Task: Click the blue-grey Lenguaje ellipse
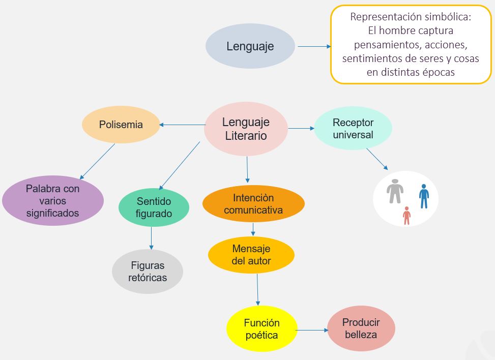pos(250,46)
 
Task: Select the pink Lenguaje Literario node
pos(246,129)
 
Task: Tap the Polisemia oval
pos(121,125)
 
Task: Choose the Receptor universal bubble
pos(353,129)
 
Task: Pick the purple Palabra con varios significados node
pos(53,200)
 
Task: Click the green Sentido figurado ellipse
pos(154,207)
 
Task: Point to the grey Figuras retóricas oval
pos(148,271)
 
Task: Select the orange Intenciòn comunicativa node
pos(253,203)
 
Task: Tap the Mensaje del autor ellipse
pos(251,255)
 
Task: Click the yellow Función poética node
pos(261,328)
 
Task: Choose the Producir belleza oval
pos(361,328)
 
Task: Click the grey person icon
pos(395,191)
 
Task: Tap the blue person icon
pos(424,196)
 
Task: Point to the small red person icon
pos(406,215)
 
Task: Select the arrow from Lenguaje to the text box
pos(314,46)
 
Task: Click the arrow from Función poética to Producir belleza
pos(312,331)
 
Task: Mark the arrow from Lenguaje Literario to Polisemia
pos(182,125)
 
